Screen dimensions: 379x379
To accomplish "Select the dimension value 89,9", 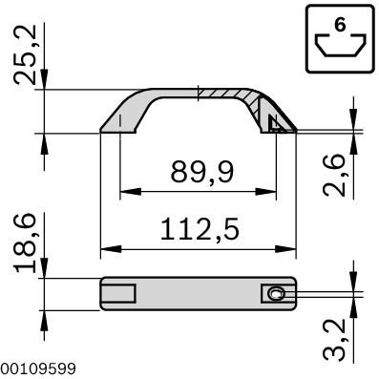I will click(x=201, y=173).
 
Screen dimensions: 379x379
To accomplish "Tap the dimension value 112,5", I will click(x=200, y=231).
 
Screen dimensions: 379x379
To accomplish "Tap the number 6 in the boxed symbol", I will click(x=340, y=26).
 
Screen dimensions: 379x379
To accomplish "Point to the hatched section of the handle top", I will click(x=229, y=96).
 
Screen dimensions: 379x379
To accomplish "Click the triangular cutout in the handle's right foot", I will click(x=276, y=124).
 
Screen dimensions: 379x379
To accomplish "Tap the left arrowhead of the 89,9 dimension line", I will click(x=124, y=193).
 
